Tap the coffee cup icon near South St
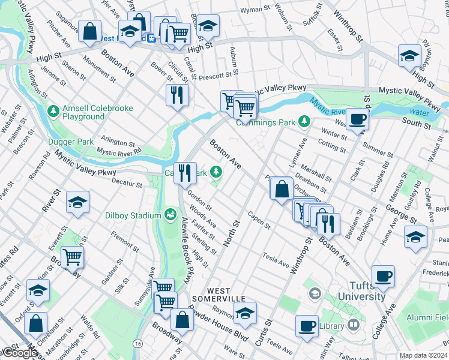(358, 119)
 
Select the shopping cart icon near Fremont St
(72, 257)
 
